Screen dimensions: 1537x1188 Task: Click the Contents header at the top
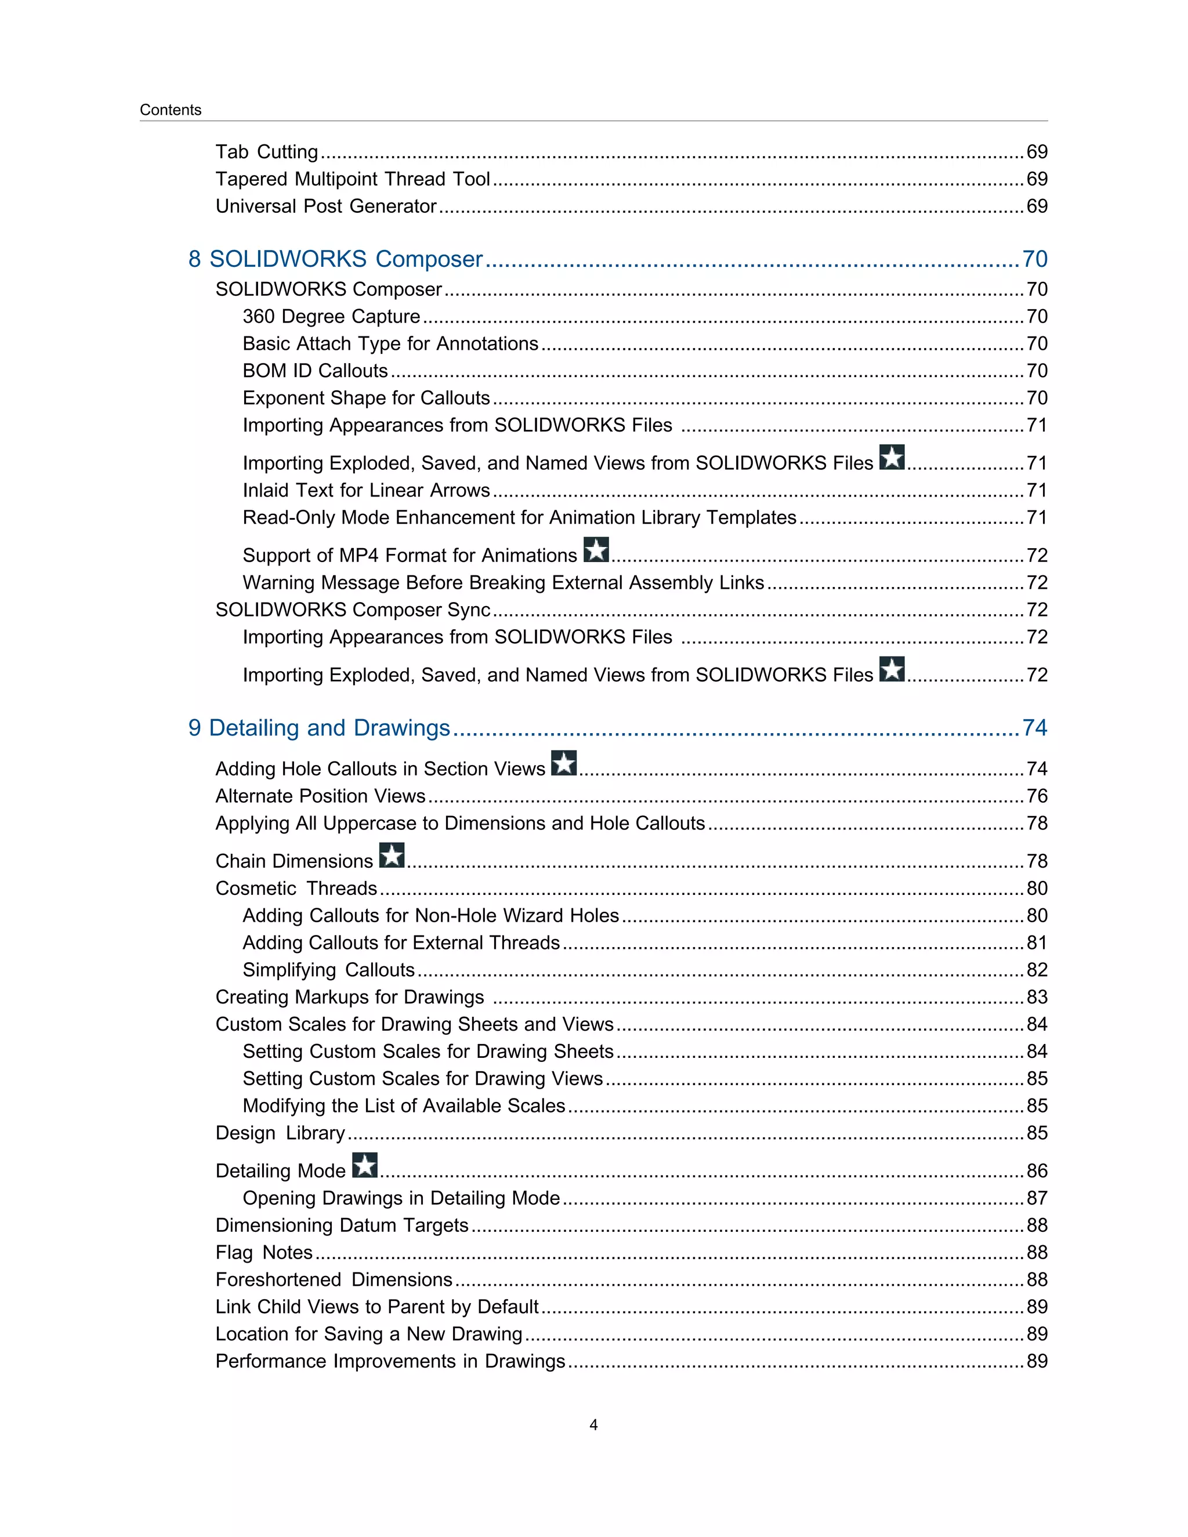(171, 110)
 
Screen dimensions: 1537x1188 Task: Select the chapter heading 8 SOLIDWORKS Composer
(335, 259)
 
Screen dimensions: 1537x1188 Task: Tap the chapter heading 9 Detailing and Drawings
(319, 728)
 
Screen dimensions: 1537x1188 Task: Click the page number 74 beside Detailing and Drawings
(1035, 728)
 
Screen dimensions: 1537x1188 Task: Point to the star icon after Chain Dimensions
(392, 855)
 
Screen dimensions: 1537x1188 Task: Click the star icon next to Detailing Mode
(364, 1165)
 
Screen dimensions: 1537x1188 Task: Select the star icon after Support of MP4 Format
(596, 550)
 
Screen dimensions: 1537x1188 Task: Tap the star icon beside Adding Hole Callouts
(564, 763)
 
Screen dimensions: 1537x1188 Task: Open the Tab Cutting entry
(267, 152)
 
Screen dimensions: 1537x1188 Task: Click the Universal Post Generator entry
(326, 206)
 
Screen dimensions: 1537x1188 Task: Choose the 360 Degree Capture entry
(331, 317)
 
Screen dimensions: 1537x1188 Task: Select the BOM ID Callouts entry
(316, 371)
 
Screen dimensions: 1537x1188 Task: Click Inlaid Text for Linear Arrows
(366, 491)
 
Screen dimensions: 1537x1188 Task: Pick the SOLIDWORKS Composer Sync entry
(353, 610)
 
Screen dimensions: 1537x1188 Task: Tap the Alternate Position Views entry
(320, 796)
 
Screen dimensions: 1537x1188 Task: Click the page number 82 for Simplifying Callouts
(1037, 970)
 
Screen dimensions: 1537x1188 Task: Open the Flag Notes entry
(264, 1253)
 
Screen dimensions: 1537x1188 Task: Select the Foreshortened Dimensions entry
(334, 1279)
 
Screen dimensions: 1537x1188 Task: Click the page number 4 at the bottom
(593, 1425)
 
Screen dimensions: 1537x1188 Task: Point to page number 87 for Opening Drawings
(1037, 1198)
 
